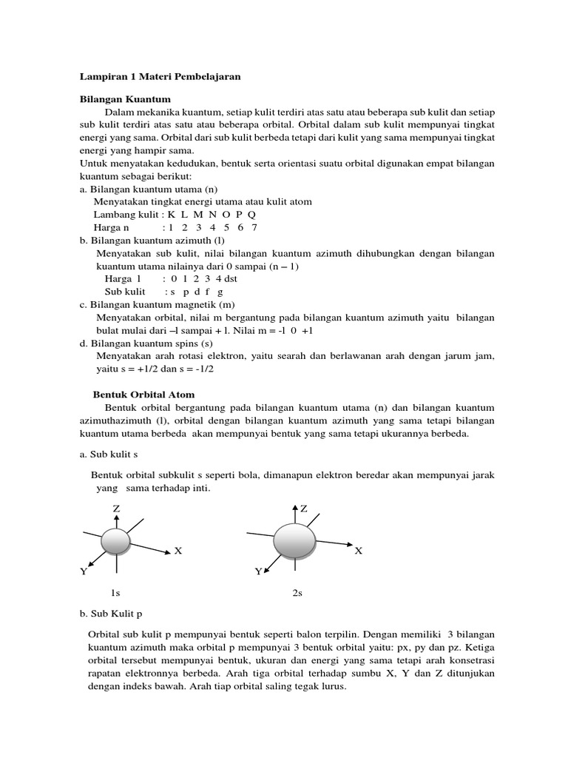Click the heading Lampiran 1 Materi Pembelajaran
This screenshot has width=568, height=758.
tap(160, 76)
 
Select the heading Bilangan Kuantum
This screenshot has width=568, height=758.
tap(125, 98)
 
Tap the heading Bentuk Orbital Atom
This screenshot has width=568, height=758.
tap(143, 395)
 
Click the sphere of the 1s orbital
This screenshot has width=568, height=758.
tap(116, 542)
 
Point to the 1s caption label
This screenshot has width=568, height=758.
tap(115, 593)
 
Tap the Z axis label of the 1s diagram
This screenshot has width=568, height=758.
tap(116, 509)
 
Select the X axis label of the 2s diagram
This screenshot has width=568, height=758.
tap(359, 551)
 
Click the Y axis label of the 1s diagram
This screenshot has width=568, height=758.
tap(84, 571)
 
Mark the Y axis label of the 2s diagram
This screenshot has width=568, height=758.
tap(258, 571)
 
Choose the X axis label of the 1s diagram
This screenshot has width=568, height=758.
tap(177, 551)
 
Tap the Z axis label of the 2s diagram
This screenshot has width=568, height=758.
tap(303, 509)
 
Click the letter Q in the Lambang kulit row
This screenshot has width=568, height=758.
tap(252, 215)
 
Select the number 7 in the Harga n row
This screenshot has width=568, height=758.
tap(254, 227)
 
